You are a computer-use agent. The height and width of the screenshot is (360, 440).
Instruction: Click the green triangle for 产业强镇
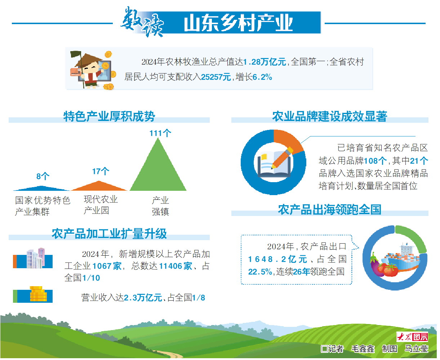(x=158, y=171)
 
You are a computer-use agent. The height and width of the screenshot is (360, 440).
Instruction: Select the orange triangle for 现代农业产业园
(x=99, y=187)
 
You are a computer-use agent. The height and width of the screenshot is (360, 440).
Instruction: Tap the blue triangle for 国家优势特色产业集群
(x=41, y=189)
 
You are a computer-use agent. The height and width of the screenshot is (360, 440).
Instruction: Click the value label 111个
(x=160, y=133)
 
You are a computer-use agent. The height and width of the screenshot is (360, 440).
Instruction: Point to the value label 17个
(x=101, y=171)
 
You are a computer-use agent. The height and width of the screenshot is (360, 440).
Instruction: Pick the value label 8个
(x=43, y=176)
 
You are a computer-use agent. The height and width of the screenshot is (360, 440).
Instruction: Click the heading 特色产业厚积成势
(x=109, y=116)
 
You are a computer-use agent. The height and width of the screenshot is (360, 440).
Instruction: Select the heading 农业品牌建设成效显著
(x=330, y=116)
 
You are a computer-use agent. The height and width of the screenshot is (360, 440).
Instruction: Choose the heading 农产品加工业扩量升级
(x=109, y=234)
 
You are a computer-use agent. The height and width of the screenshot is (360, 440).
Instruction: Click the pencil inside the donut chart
(x=282, y=158)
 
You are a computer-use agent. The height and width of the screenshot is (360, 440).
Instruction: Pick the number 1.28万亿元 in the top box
(x=265, y=62)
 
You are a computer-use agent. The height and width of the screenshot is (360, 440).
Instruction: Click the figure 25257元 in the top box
(x=216, y=77)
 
